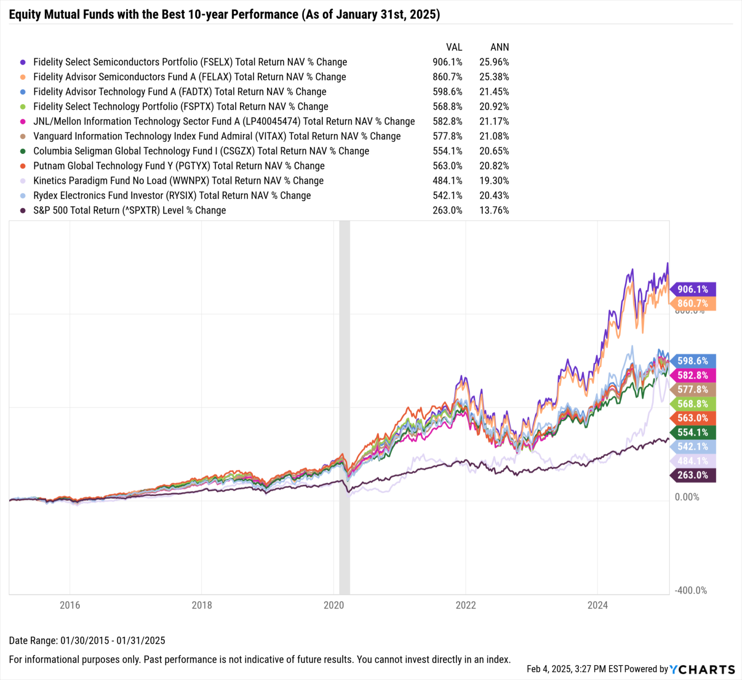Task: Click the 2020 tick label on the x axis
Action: click(x=333, y=605)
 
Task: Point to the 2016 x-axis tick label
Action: click(x=70, y=605)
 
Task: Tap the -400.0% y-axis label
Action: click(x=690, y=590)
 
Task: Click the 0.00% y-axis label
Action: click(x=686, y=497)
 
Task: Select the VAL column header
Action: click(x=454, y=47)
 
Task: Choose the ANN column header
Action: click(x=499, y=47)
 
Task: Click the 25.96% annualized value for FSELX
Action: click(x=494, y=62)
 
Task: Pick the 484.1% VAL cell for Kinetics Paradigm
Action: click(x=447, y=181)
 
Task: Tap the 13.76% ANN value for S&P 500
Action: click(x=494, y=210)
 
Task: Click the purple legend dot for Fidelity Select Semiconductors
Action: click(x=23, y=62)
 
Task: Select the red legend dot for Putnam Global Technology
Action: click(x=23, y=166)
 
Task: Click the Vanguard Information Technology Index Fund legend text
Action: click(x=217, y=137)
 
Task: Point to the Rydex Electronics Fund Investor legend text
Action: click(x=172, y=196)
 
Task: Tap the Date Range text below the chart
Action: click(x=87, y=640)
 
